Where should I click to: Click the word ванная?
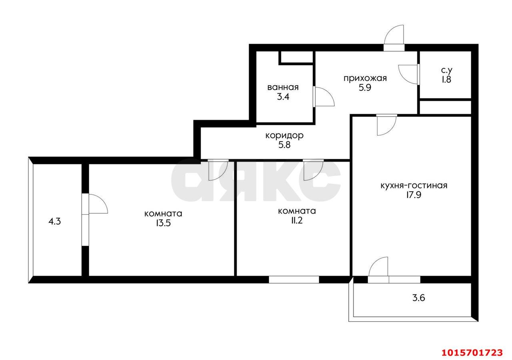coord(283,87)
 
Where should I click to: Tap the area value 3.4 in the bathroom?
coord(283,97)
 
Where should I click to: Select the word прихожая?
coord(365,78)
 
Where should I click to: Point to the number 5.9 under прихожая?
coord(365,88)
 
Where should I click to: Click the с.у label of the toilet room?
coord(446,70)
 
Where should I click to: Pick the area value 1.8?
coord(446,79)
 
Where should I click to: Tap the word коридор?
coord(284,136)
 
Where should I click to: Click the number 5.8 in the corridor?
coord(284,145)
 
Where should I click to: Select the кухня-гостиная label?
coord(414,185)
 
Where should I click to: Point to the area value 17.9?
coord(414,195)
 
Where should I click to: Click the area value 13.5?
coord(163,223)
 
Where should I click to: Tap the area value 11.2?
coord(297,220)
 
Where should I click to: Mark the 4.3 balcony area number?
coord(55,221)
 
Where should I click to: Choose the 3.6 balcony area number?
coord(418,298)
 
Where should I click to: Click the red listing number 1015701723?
coord(472,353)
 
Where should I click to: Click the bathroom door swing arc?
coord(325,96)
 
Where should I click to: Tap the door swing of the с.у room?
coord(408,74)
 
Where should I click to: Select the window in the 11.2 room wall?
coord(294,280)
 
